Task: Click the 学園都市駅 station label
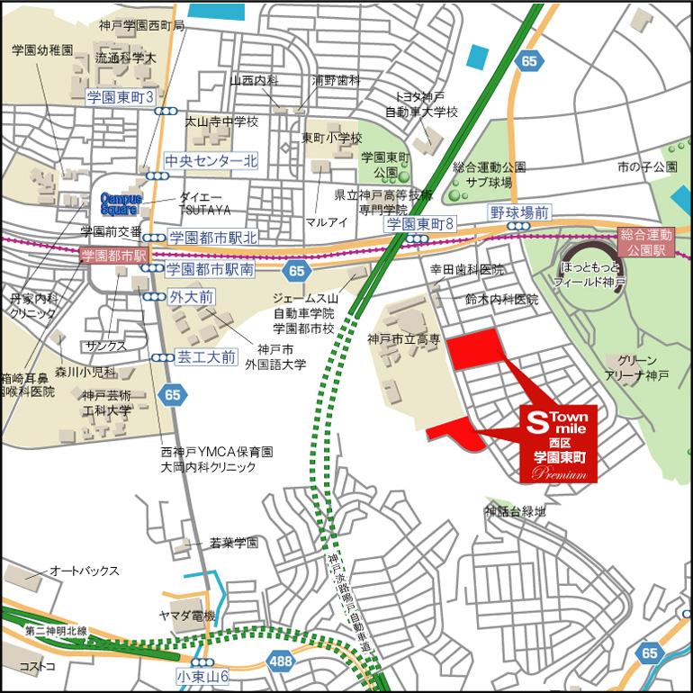tap(113, 256)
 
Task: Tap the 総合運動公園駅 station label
tap(645, 240)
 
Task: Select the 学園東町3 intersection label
tap(121, 96)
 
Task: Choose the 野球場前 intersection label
tap(519, 213)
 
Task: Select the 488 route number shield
tap(280, 661)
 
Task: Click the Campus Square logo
tap(117, 202)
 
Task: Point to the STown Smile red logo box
tap(559, 444)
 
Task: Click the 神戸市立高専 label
tap(404, 338)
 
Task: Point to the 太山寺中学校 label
tap(221, 121)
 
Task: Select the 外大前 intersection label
tap(191, 295)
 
